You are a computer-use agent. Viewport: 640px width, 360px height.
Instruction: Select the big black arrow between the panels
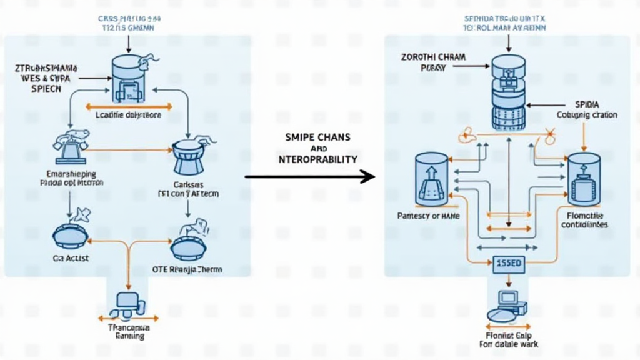(309, 177)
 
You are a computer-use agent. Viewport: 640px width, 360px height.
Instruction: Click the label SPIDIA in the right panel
(587, 104)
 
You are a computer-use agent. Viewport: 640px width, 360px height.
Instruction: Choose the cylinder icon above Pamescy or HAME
(432, 179)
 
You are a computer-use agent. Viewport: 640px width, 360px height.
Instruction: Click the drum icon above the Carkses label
(190, 156)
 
